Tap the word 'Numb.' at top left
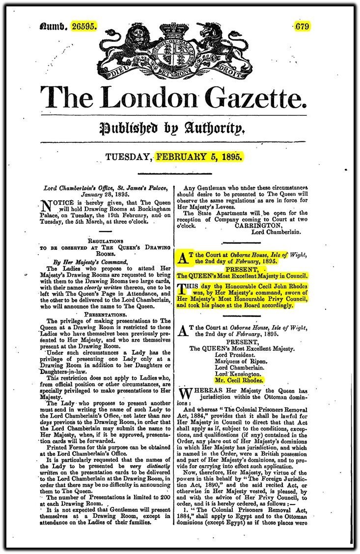54,26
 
